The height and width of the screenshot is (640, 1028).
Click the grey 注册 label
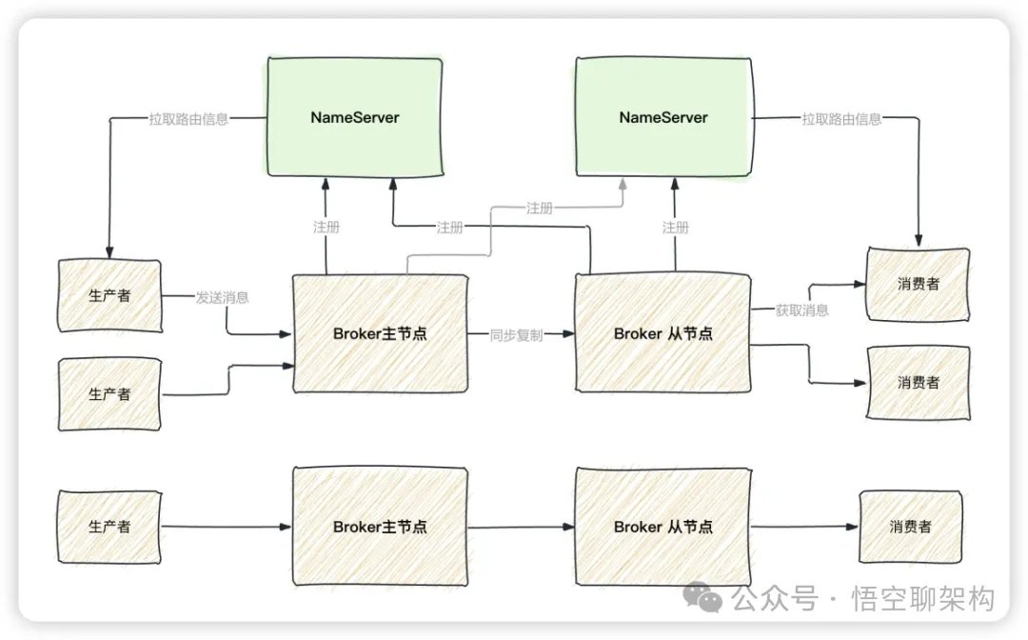click(x=539, y=208)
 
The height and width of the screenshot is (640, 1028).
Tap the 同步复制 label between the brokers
click(x=516, y=335)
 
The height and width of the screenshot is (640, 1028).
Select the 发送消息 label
click(x=223, y=297)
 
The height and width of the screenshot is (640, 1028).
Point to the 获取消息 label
click(x=801, y=310)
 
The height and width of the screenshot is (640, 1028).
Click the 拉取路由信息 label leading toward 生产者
click(x=188, y=119)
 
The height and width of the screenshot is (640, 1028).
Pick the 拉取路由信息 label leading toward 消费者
click(x=841, y=119)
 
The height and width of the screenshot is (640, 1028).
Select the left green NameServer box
click(x=355, y=117)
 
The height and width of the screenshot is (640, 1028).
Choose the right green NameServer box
click(x=663, y=117)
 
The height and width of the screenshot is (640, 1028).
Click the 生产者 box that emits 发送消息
click(x=109, y=295)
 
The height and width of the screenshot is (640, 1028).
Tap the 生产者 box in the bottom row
click(x=109, y=526)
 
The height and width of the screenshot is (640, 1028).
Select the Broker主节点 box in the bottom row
click(x=380, y=526)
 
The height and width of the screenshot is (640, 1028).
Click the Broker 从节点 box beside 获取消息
click(x=662, y=333)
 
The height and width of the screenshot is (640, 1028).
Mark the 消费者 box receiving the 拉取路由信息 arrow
click(x=918, y=283)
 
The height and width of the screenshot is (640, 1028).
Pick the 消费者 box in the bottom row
click(x=910, y=526)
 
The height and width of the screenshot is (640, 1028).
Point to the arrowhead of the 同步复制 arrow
click(x=570, y=334)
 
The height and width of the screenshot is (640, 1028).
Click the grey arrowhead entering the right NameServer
click(x=623, y=183)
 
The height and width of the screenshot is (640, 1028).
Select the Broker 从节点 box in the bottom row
click(x=662, y=526)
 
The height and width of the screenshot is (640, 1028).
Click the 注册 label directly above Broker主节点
click(x=326, y=228)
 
